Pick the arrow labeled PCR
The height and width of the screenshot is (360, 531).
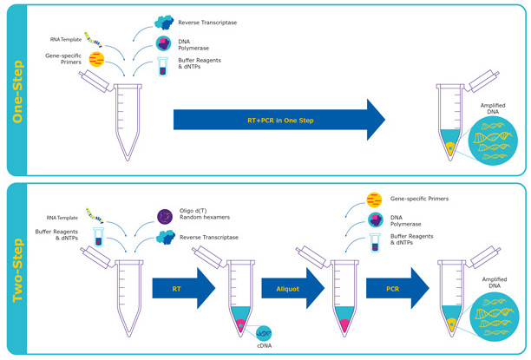[397, 287]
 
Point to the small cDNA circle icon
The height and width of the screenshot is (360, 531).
[262, 330]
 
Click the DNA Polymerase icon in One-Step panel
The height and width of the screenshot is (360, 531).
[163, 43]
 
